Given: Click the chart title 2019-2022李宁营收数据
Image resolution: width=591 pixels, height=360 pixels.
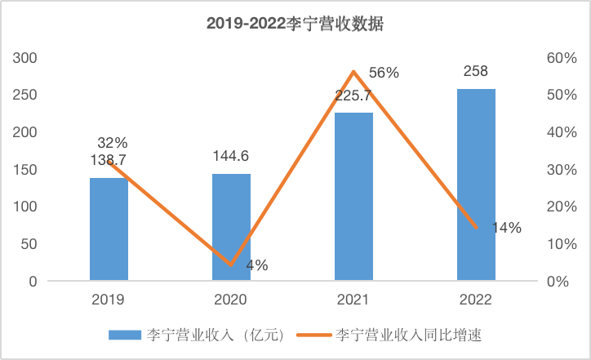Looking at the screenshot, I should [295, 24].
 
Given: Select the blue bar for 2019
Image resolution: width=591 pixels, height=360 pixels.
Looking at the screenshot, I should [109, 229].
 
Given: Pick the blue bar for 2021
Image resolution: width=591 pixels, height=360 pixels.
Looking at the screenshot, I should [353, 197].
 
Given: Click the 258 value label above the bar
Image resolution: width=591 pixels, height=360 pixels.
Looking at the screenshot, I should [476, 71].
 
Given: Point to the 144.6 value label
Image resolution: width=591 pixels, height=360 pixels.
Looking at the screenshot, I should [231, 157].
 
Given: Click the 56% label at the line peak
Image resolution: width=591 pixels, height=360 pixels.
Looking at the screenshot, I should [384, 73].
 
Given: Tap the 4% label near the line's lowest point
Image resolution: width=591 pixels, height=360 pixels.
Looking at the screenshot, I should [256, 265].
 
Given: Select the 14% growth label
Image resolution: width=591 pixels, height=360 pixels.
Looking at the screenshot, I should [505, 229].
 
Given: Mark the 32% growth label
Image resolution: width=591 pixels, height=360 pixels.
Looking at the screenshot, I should [113, 143].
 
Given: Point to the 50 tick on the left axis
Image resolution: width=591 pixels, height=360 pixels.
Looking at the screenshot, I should [29, 244].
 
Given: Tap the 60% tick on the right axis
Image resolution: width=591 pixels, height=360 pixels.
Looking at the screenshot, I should [562, 58].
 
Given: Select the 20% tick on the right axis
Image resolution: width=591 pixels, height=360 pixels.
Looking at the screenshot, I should [562, 207].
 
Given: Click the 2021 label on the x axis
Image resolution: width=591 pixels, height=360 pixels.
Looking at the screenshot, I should [353, 300].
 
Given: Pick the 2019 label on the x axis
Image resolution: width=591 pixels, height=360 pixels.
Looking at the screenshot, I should [109, 300].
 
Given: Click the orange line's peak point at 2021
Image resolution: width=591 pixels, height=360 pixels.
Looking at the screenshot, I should [353, 72].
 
